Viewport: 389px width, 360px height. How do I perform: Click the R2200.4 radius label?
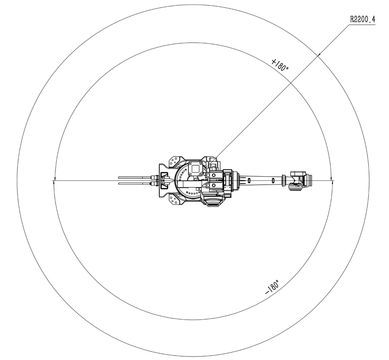(362, 19)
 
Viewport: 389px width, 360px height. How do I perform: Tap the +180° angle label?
(280, 65)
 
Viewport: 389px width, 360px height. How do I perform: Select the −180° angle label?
(272, 287)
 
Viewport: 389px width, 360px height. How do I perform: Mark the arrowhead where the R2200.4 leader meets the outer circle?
(319, 54)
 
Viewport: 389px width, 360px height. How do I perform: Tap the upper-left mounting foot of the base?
(176, 161)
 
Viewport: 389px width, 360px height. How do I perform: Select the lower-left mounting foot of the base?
(176, 200)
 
